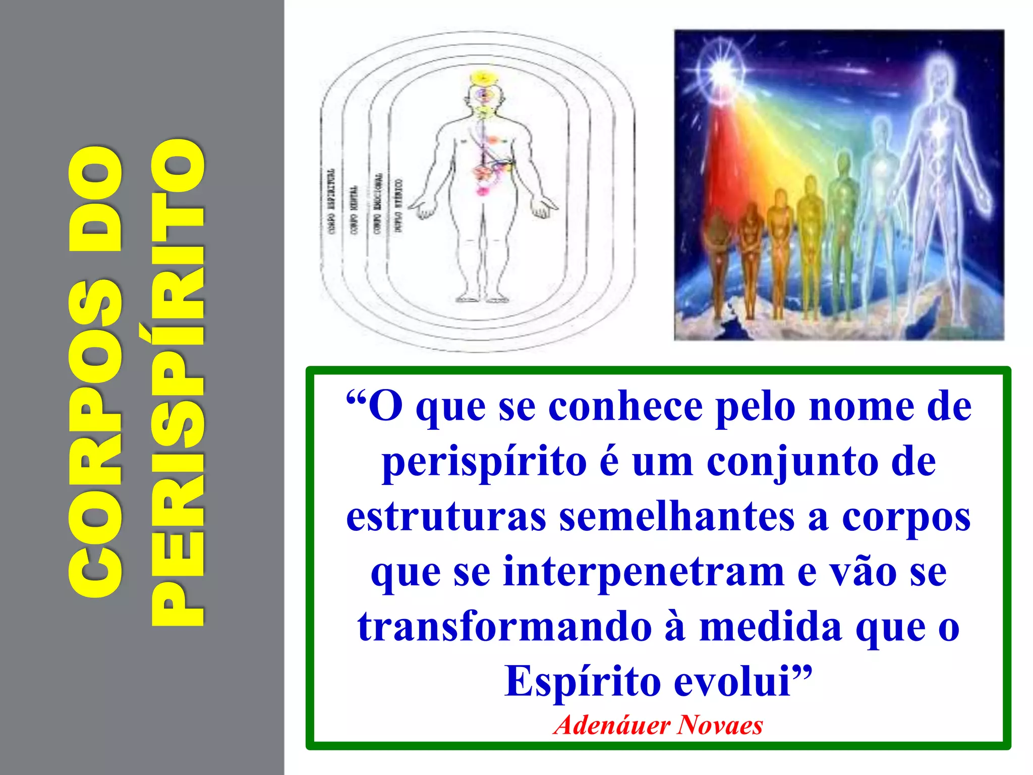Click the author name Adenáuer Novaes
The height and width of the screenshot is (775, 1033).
coord(658,725)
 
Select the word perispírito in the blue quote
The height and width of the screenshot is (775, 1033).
coord(484,462)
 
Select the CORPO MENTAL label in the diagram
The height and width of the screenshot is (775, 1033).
coord(355,209)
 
